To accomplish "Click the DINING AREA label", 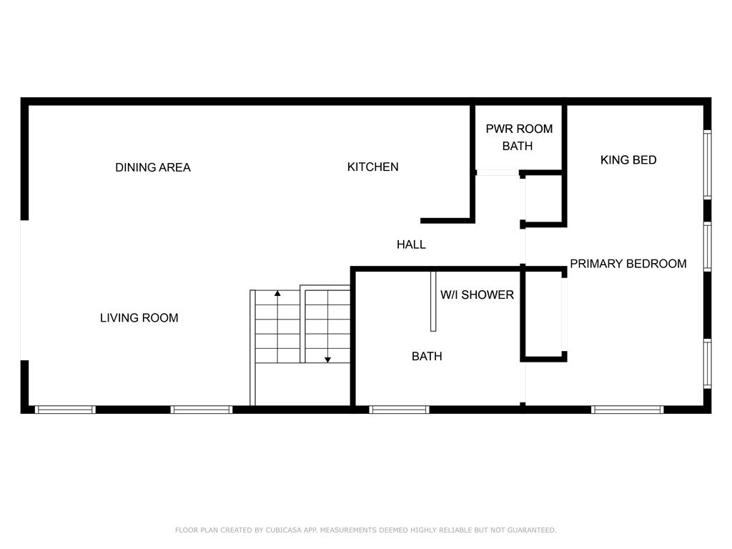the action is (x=153, y=167).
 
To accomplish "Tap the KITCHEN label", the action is (x=372, y=167).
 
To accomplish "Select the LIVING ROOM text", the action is (x=139, y=318).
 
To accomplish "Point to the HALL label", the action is (x=411, y=244).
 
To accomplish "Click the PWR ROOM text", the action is (x=519, y=129).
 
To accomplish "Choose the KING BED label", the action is (x=628, y=159).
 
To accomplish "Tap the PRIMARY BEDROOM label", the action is (x=628, y=264).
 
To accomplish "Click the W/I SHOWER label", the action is (x=477, y=295).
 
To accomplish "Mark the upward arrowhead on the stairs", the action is (x=277, y=293).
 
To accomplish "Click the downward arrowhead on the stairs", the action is (x=327, y=360).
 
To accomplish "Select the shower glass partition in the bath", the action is (x=433, y=301).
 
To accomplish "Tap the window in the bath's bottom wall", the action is (x=399, y=410).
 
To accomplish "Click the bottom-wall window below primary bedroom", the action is (x=628, y=410).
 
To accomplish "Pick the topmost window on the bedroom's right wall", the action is (x=707, y=165).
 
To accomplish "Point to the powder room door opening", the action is (x=498, y=173).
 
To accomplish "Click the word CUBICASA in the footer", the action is (x=283, y=530).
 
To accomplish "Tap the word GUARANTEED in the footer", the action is (x=532, y=530).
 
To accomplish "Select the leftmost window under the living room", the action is (x=65, y=410).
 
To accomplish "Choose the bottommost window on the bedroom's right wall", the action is (x=707, y=364).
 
